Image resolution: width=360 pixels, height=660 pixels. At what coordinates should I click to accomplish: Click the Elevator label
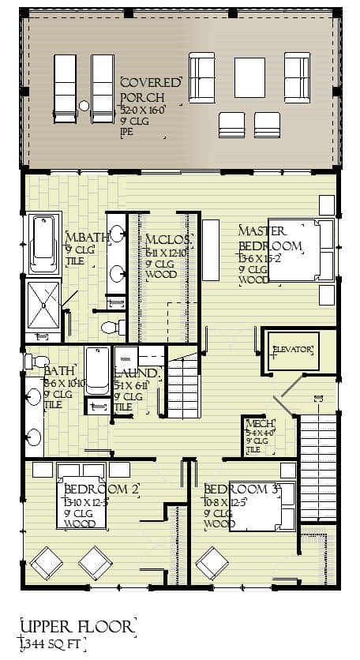[x=293, y=349]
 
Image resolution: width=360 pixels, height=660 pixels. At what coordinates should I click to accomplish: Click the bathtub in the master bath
[x=44, y=243]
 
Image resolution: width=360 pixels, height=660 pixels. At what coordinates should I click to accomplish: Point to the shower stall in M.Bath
[x=43, y=305]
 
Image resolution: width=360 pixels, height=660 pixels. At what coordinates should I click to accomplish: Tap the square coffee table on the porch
[x=249, y=77]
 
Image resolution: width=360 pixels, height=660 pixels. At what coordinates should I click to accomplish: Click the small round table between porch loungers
[x=84, y=105]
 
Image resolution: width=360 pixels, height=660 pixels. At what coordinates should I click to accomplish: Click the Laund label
[x=137, y=373]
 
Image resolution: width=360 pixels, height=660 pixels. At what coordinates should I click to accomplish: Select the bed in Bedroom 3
[x=261, y=505]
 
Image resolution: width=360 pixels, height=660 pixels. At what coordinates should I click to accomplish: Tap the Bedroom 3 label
[x=240, y=489]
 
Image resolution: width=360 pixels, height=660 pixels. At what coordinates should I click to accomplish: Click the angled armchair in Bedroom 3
[x=212, y=563]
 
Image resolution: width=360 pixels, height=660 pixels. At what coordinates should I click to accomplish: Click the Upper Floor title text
[x=76, y=627]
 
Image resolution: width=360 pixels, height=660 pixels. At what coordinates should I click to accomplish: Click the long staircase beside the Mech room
[x=317, y=467]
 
